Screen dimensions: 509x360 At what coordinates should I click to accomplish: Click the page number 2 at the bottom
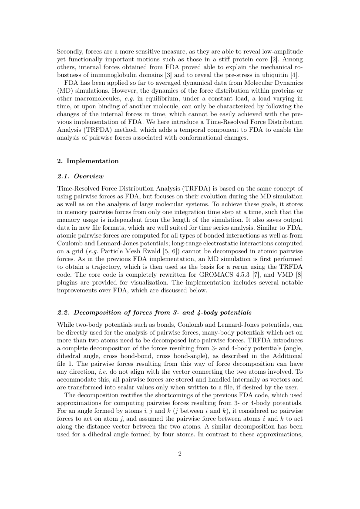pyautogui.click(x=180, y=454)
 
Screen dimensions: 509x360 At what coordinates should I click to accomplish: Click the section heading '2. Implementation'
pyautogui.click(x=88, y=161)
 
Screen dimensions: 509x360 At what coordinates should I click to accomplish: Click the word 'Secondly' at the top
pyautogui.click(x=69, y=51)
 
